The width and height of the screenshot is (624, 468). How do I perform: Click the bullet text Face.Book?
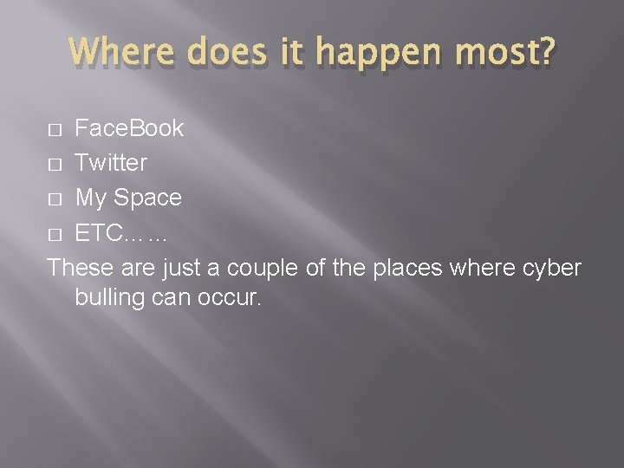(129, 128)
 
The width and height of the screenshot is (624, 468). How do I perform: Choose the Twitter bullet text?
(111, 163)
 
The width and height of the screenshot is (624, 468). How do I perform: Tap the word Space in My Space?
(149, 198)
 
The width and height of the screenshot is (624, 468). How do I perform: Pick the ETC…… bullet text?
(121, 232)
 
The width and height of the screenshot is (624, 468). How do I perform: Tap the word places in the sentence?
(408, 267)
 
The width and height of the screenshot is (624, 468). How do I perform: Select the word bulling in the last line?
(108, 300)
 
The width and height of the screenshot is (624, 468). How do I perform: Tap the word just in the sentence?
(180, 267)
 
